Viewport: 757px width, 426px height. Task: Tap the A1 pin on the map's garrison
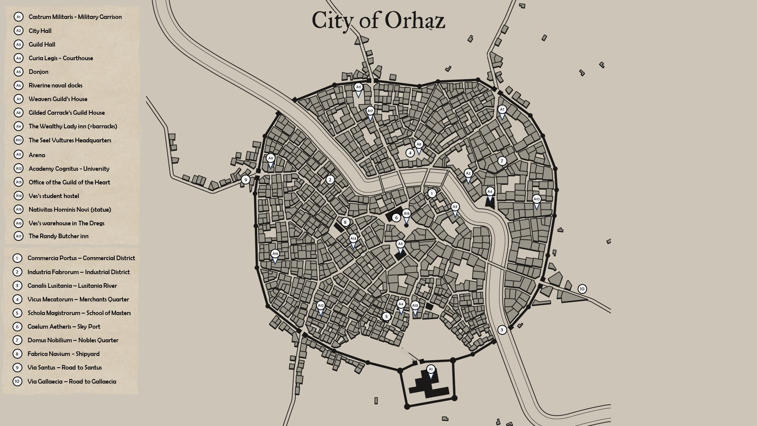tap(430, 369)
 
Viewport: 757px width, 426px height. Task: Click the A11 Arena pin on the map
tap(358, 87)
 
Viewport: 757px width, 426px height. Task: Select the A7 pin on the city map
tap(502, 110)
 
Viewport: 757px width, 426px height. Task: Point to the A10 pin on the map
tap(536, 199)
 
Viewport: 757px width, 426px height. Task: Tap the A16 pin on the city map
tap(275, 254)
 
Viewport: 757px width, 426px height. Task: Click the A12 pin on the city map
tap(321, 306)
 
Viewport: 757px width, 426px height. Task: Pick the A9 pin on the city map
tap(270, 159)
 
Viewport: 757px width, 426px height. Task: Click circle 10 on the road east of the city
tap(582, 289)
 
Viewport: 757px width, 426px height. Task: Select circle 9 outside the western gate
tap(246, 179)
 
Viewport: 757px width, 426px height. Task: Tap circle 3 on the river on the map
tap(502, 330)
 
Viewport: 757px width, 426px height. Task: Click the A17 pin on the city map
tap(370, 111)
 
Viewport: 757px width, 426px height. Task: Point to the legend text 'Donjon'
tap(38, 72)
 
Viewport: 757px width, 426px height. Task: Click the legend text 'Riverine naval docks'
tap(55, 85)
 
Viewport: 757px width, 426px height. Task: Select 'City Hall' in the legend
tap(40, 31)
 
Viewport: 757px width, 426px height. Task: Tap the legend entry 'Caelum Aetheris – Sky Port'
tap(64, 326)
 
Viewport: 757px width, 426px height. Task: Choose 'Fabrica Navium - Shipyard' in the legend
tap(63, 354)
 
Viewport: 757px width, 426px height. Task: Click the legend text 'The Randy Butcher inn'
tap(58, 236)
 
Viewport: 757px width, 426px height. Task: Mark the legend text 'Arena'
tap(37, 155)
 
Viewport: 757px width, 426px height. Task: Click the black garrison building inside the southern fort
tap(430, 384)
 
